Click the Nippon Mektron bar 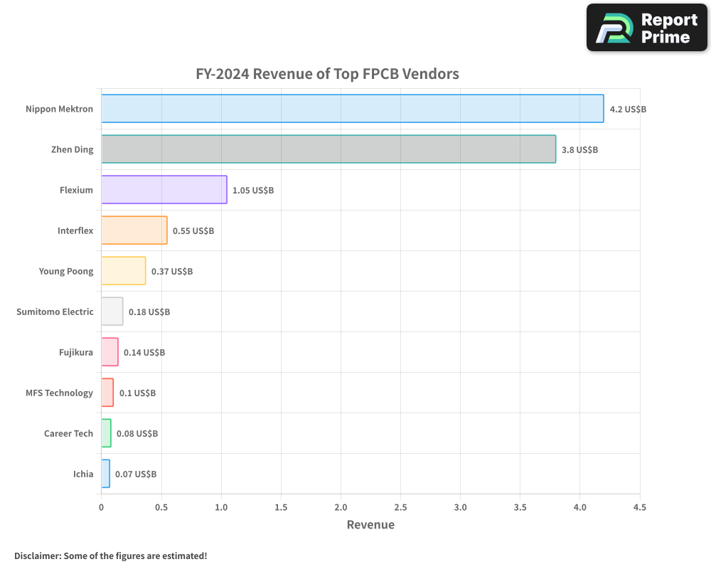point(352,109)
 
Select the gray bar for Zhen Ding point(328,149)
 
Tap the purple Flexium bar point(164,190)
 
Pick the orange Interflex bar point(134,230)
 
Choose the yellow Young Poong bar point(124,271)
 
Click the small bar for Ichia point(105,474)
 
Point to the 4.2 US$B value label point(628,110)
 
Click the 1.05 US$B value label point(253,191)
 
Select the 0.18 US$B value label point(149,312)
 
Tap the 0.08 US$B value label point(137,434)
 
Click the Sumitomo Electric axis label point(55,312)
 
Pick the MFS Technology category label point(59,393)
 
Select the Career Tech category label point(68,433)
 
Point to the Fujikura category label point(76,352)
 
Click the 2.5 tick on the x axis point(400,507)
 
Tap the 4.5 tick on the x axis point(640,507)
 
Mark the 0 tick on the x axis point(101,507)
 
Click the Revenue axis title point(370,525)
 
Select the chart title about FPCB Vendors point(328,74)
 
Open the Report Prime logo point(646,28)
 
